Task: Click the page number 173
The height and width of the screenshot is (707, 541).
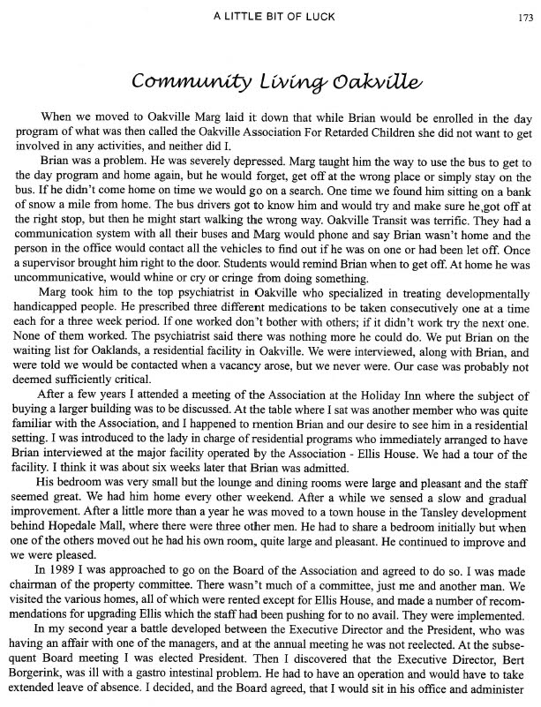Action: point(524,13)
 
